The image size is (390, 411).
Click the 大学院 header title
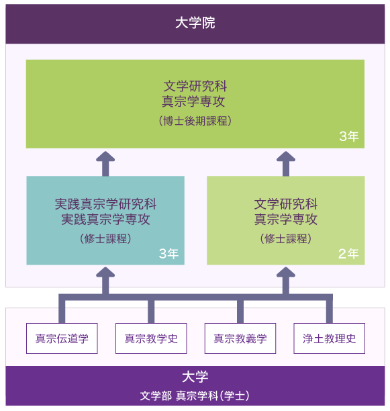click(195, 23)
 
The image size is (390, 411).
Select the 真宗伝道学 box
click(62, 338)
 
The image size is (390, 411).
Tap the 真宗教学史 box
click(151, 338)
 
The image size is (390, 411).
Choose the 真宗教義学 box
click(240, 338)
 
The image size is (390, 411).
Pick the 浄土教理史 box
click(329, 338)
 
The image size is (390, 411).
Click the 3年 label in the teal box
click(168, 253)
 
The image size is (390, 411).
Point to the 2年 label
click(348, 253)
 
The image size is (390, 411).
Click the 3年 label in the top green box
click(349, 136)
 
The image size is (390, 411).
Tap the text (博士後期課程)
click(195, 121)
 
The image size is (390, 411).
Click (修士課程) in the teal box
click(105, 238)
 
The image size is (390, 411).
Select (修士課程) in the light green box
click(286, 238)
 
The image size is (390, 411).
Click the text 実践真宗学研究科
click(105, 204)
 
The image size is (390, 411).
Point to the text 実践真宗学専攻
click(105, 219)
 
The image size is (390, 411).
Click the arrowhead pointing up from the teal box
click(105, 156)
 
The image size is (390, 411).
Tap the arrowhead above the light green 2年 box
click(286, 156)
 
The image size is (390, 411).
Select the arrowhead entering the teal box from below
click(105, 272)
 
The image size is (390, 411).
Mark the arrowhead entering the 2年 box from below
click(286, 272)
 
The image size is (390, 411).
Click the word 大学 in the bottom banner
click(195, 377)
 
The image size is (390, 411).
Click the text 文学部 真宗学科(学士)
click(195, 396)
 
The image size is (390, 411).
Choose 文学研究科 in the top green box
click(195, 86)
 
